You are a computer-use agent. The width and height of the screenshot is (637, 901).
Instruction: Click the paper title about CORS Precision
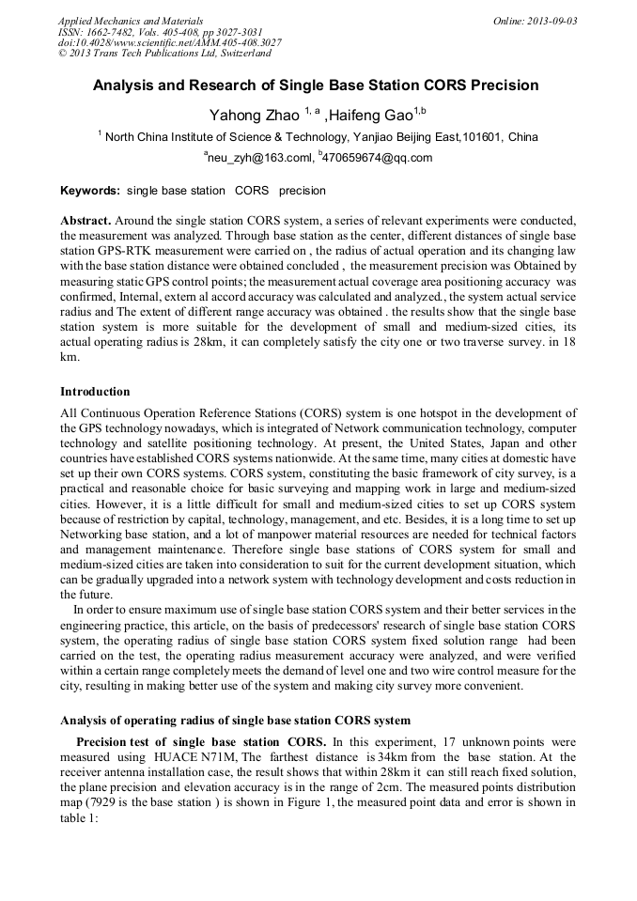[316, 85]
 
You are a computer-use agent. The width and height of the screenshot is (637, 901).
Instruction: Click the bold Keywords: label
[90, 191]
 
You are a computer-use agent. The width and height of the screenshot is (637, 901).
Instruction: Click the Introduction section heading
[95, 392]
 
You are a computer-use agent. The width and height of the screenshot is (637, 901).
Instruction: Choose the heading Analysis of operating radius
[235, 721]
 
